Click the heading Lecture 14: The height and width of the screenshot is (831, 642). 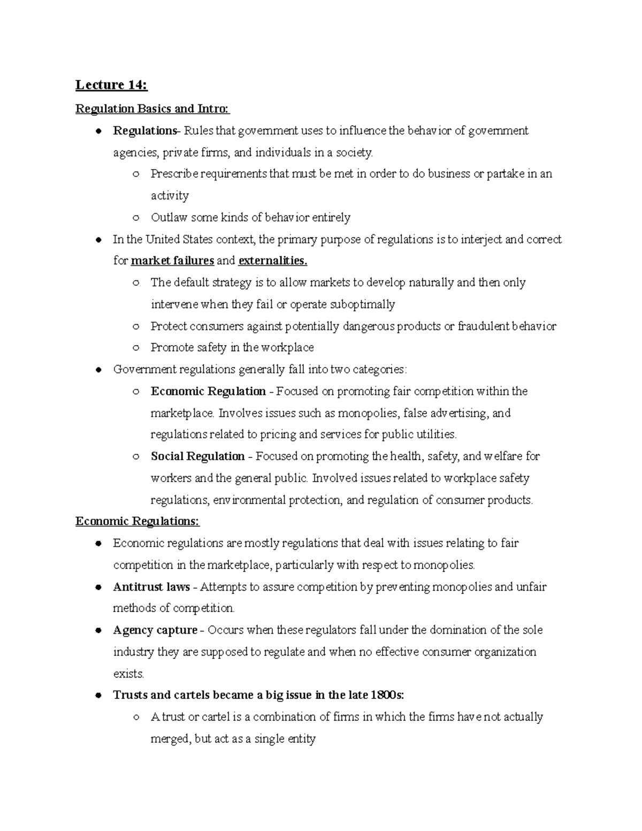tap(111, 85)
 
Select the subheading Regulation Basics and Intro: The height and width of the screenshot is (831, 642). tap(152, 109)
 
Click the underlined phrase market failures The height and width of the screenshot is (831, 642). tap(172, 261)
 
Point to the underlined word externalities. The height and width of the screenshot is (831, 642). tap(273, 261)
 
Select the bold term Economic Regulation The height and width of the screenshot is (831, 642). tap(208, 391)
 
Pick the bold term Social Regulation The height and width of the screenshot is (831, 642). tap(197, 456)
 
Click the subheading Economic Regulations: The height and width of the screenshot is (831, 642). tap(137, 521)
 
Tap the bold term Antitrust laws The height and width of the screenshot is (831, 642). tap(151, 587)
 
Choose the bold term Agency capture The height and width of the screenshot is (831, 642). tap(155, 630)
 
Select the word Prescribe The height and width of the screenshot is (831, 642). tap(174, 174)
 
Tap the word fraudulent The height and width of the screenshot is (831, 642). tap(484, 326)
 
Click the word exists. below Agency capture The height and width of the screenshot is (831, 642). tap(128, 674)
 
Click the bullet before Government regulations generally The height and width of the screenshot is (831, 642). tap(98, 370)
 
